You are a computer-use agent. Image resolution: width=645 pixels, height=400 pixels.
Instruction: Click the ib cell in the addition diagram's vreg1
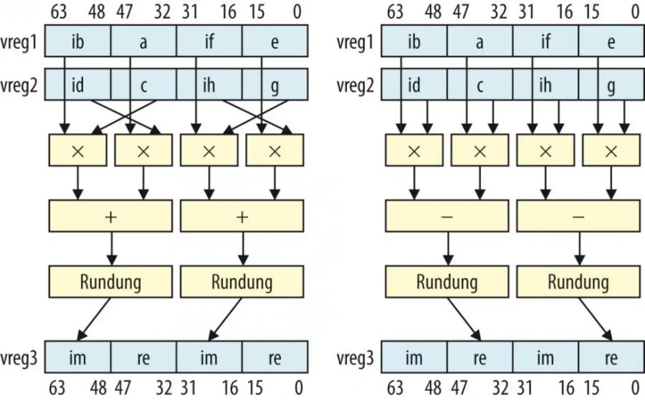tap(78, 42)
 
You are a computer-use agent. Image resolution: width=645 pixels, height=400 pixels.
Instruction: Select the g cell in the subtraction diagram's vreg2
tap(611, 85)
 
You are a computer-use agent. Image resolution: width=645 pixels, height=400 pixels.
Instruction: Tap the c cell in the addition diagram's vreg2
tap(143, 85)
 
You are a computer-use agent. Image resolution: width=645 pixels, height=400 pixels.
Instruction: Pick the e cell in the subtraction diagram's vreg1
tap(611, 42)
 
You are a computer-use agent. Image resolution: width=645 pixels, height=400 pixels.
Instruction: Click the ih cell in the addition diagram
tap(209, 85)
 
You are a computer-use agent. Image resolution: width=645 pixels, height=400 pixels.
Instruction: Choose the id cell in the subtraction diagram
tap(414, 85)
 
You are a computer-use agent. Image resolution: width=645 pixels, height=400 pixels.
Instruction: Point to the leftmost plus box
tap(111, 216)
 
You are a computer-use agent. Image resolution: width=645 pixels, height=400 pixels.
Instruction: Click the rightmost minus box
tap(578, 216)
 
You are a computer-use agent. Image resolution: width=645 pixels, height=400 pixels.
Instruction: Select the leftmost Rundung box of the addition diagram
tap(111, 282)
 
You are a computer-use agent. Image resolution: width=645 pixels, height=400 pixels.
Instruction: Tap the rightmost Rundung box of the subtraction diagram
tap(578, 282)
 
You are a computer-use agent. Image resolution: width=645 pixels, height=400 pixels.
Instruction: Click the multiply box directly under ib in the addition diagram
tap(78, 150)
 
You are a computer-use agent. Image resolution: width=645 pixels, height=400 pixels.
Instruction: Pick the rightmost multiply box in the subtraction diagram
tap(611, 150)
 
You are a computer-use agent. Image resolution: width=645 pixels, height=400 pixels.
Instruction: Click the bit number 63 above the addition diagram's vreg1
tap(58, 12)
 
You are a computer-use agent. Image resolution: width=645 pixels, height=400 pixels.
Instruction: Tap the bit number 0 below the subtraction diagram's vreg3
tap(635, 388)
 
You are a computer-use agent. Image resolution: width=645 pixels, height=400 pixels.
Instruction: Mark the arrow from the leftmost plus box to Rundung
tap(111, 248)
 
